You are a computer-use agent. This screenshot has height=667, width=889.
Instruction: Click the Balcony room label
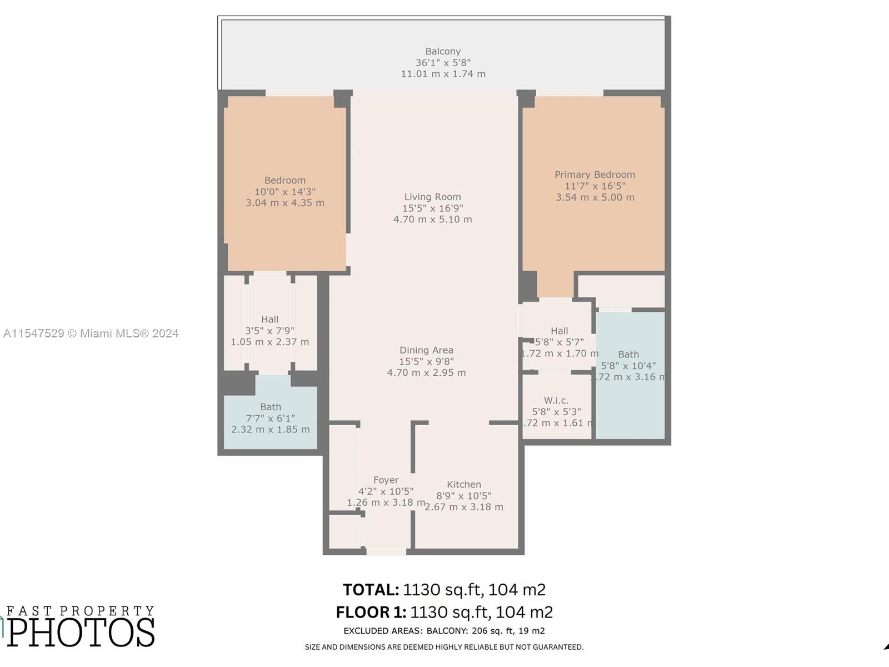(443, 51)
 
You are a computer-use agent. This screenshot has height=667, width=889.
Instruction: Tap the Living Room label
(432, 197)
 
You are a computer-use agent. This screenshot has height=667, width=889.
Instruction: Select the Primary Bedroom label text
(595, 175)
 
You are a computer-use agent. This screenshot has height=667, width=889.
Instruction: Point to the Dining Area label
(426, 350)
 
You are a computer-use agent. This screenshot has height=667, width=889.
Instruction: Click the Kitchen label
(464, 485)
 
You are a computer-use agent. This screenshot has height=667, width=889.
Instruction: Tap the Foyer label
(386, 480)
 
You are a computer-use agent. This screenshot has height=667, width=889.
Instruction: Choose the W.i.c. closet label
(556, 401)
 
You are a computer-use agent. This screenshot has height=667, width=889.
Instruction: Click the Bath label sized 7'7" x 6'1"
(271, 407)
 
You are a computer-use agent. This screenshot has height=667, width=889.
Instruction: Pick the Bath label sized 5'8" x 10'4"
(628, 355)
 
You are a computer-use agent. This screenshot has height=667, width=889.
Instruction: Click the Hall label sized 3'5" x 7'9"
(269, 320)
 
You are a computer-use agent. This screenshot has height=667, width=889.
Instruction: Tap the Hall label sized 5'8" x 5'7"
(560, 331)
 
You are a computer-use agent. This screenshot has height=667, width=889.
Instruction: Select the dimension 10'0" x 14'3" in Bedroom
(285, 192)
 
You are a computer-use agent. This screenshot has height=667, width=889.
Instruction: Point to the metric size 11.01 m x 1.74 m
(443, 74)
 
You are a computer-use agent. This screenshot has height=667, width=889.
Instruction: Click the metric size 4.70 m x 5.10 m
(432, 220)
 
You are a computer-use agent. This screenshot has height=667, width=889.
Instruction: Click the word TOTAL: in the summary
(371, 590)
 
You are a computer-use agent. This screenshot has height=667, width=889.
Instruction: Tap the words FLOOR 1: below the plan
(371, 613)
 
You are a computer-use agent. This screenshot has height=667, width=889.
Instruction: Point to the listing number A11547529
(33, 333)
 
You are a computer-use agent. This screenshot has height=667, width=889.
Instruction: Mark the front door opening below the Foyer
(386, 551)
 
